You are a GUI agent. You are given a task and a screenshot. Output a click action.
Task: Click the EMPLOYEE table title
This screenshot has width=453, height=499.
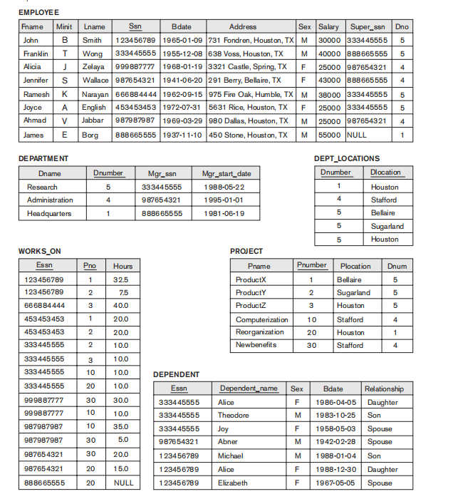point(38,13)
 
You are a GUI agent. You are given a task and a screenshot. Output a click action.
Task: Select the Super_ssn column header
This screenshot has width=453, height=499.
point(367,26)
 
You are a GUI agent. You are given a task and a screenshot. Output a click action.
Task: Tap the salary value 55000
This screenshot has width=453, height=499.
point(328,135)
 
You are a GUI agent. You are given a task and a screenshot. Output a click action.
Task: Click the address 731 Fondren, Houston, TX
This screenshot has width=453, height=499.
point(251,41)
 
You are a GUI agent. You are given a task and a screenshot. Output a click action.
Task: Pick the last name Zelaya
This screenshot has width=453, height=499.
point(93,67)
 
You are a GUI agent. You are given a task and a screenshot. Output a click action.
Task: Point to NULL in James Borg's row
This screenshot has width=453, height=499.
point(356,135)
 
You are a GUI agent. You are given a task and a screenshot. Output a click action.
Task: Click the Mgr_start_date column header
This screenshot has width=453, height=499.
point(226,173)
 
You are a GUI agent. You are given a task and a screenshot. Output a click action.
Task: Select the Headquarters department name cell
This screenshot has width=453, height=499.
point(49,213)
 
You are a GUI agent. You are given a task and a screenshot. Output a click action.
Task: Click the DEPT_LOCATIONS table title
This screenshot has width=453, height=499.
point(347,158)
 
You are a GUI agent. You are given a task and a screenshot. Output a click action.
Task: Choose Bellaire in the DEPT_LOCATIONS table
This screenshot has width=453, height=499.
point(385,213)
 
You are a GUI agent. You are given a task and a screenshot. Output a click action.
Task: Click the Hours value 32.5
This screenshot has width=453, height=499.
point(122,280)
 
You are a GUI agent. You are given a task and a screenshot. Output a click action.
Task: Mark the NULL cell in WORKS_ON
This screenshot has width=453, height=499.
point(122,483)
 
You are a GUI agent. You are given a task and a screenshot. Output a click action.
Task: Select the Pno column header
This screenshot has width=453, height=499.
point(90,266)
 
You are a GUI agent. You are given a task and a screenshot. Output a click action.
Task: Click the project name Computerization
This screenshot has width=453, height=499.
point(262,320)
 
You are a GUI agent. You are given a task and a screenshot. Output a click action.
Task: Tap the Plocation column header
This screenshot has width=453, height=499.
point(355,266)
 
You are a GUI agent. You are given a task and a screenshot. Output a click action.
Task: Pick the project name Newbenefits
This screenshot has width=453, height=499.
point(256,345)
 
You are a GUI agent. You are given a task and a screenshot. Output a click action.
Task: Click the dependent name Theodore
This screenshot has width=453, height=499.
point(233,415)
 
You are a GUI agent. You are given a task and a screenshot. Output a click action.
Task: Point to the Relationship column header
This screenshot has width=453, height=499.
point(384,389)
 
